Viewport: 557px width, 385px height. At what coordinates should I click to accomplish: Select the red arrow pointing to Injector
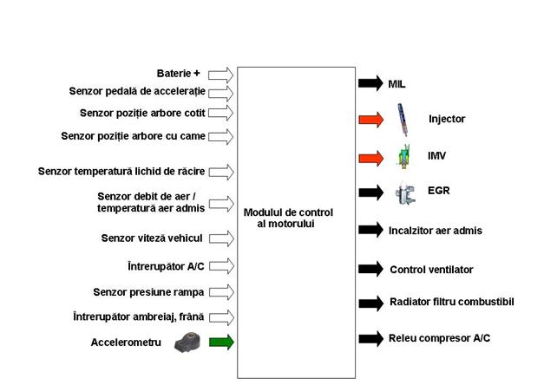coord(370,119)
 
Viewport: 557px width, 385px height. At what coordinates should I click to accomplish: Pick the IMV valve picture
coord(403,157)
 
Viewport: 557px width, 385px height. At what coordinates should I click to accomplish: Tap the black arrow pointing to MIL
coord(370,83)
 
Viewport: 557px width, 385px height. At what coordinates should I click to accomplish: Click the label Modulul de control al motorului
coord(288,218)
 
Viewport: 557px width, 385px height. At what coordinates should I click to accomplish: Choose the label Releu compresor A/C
coord(440,337)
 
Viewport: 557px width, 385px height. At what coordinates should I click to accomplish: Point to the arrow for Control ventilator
coord(370,269)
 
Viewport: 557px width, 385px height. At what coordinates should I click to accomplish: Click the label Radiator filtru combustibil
coord(452,302)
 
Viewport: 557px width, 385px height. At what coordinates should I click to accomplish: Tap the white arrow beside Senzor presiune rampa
coord(222,292)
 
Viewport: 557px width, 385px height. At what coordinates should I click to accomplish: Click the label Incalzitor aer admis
coord(436,231)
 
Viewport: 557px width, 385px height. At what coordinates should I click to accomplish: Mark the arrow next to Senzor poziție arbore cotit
coord(222,113)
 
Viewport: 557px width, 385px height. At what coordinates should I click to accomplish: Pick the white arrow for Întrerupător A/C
coord(222,265)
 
